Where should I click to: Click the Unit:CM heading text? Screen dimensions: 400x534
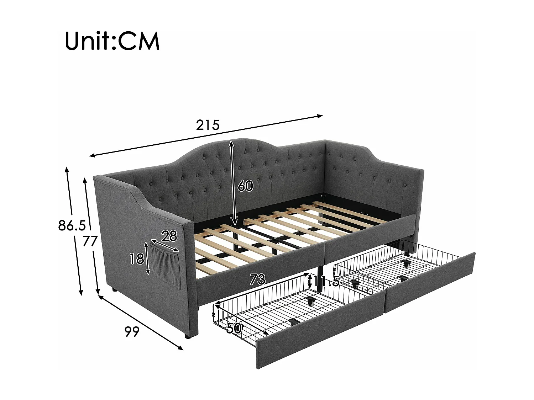point(112,42)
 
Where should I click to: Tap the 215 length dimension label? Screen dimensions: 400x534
point(208,125)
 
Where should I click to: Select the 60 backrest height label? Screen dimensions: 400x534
point(245,186)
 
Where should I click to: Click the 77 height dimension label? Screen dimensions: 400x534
point(90,242)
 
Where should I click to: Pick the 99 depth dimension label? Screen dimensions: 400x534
point(132,332)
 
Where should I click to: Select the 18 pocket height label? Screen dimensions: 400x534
point(136,259)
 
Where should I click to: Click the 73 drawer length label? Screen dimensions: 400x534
point(257,280)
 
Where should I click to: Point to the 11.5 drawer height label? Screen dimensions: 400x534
point(326,282)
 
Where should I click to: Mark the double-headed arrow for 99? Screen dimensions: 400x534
point(141,322)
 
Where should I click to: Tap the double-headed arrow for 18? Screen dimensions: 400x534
point(147,258)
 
